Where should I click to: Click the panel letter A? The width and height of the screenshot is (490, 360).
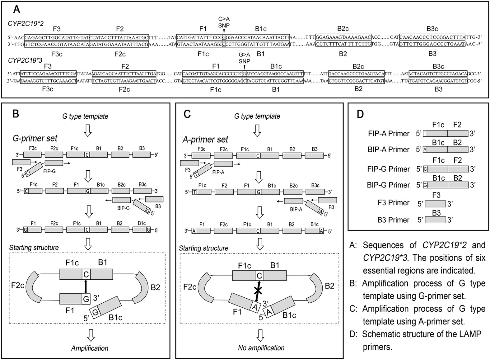pyautogui.click(x=16, y=9)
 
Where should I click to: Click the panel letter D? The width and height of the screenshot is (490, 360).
pyautogui.click(x=360, y=114)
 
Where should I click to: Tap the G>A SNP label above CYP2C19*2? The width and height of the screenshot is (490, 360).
pyautogui.click(x=224, y=22)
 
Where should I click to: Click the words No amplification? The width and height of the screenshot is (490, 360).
pyautogui.click(x=261, y=348)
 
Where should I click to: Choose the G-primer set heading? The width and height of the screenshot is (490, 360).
pyautogui.click(x=35, y=138)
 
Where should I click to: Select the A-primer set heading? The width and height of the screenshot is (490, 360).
pyautogui.click(x=205, y=139)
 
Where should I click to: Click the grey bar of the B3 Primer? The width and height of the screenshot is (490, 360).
pyautogui.click(x=435, y=220)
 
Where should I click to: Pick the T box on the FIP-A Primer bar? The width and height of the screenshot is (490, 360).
pyautogui.click(x=425, y=134)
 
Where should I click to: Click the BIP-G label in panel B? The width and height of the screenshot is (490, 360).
pyautogui.click(x=124, y=208)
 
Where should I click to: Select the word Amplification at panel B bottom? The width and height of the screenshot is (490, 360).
pyautogui.click(x=90, y=348)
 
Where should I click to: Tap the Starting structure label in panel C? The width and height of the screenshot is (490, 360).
pyautogui.click(x=203, y=248)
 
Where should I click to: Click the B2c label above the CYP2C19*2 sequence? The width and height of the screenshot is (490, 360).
pyautogui.click(x=343, y=29)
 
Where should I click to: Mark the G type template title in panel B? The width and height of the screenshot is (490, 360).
pyautogui.click(x=85, y=116)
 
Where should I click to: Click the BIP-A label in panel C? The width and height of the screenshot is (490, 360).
pyautogui.click(x=296, y=210)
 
